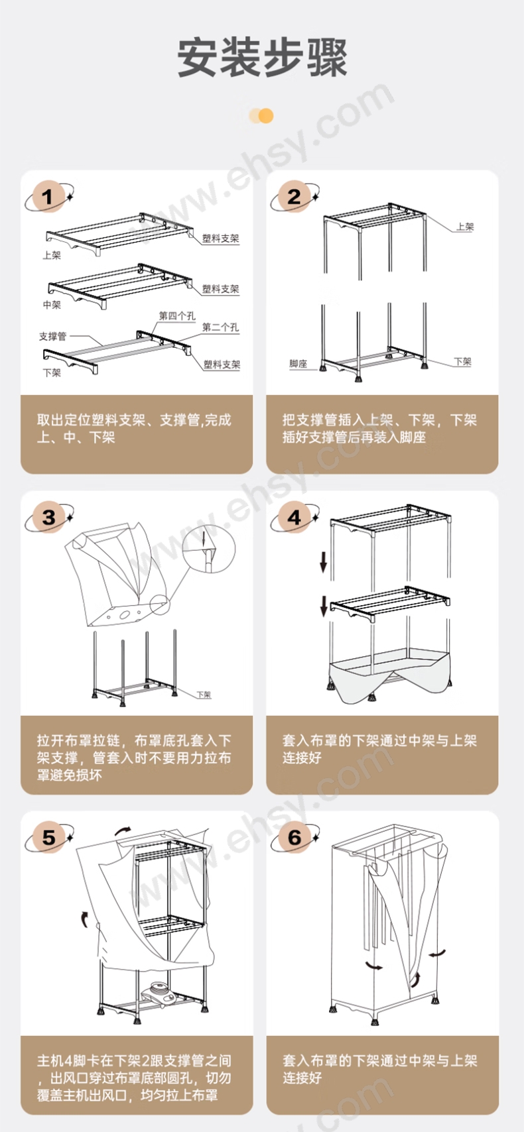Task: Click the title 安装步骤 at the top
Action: coord(262,58)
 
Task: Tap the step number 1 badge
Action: coord(48,196)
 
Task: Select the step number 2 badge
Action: coord(295,196)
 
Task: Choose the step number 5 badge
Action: coord(48,837)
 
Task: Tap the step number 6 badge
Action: coord(295,837)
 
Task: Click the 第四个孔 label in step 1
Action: coord(177,316)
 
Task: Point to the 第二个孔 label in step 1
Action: coord(220,327)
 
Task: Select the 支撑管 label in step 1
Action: coord(52,336)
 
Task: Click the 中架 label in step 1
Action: coord(52,305)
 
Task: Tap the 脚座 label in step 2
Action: coord(298,363)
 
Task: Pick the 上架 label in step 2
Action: coord(465,227)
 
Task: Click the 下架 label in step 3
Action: coord(204,695)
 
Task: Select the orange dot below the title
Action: coord(265,116)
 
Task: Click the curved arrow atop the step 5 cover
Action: coord(122,830)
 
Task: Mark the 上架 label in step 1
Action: coord(52,255)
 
